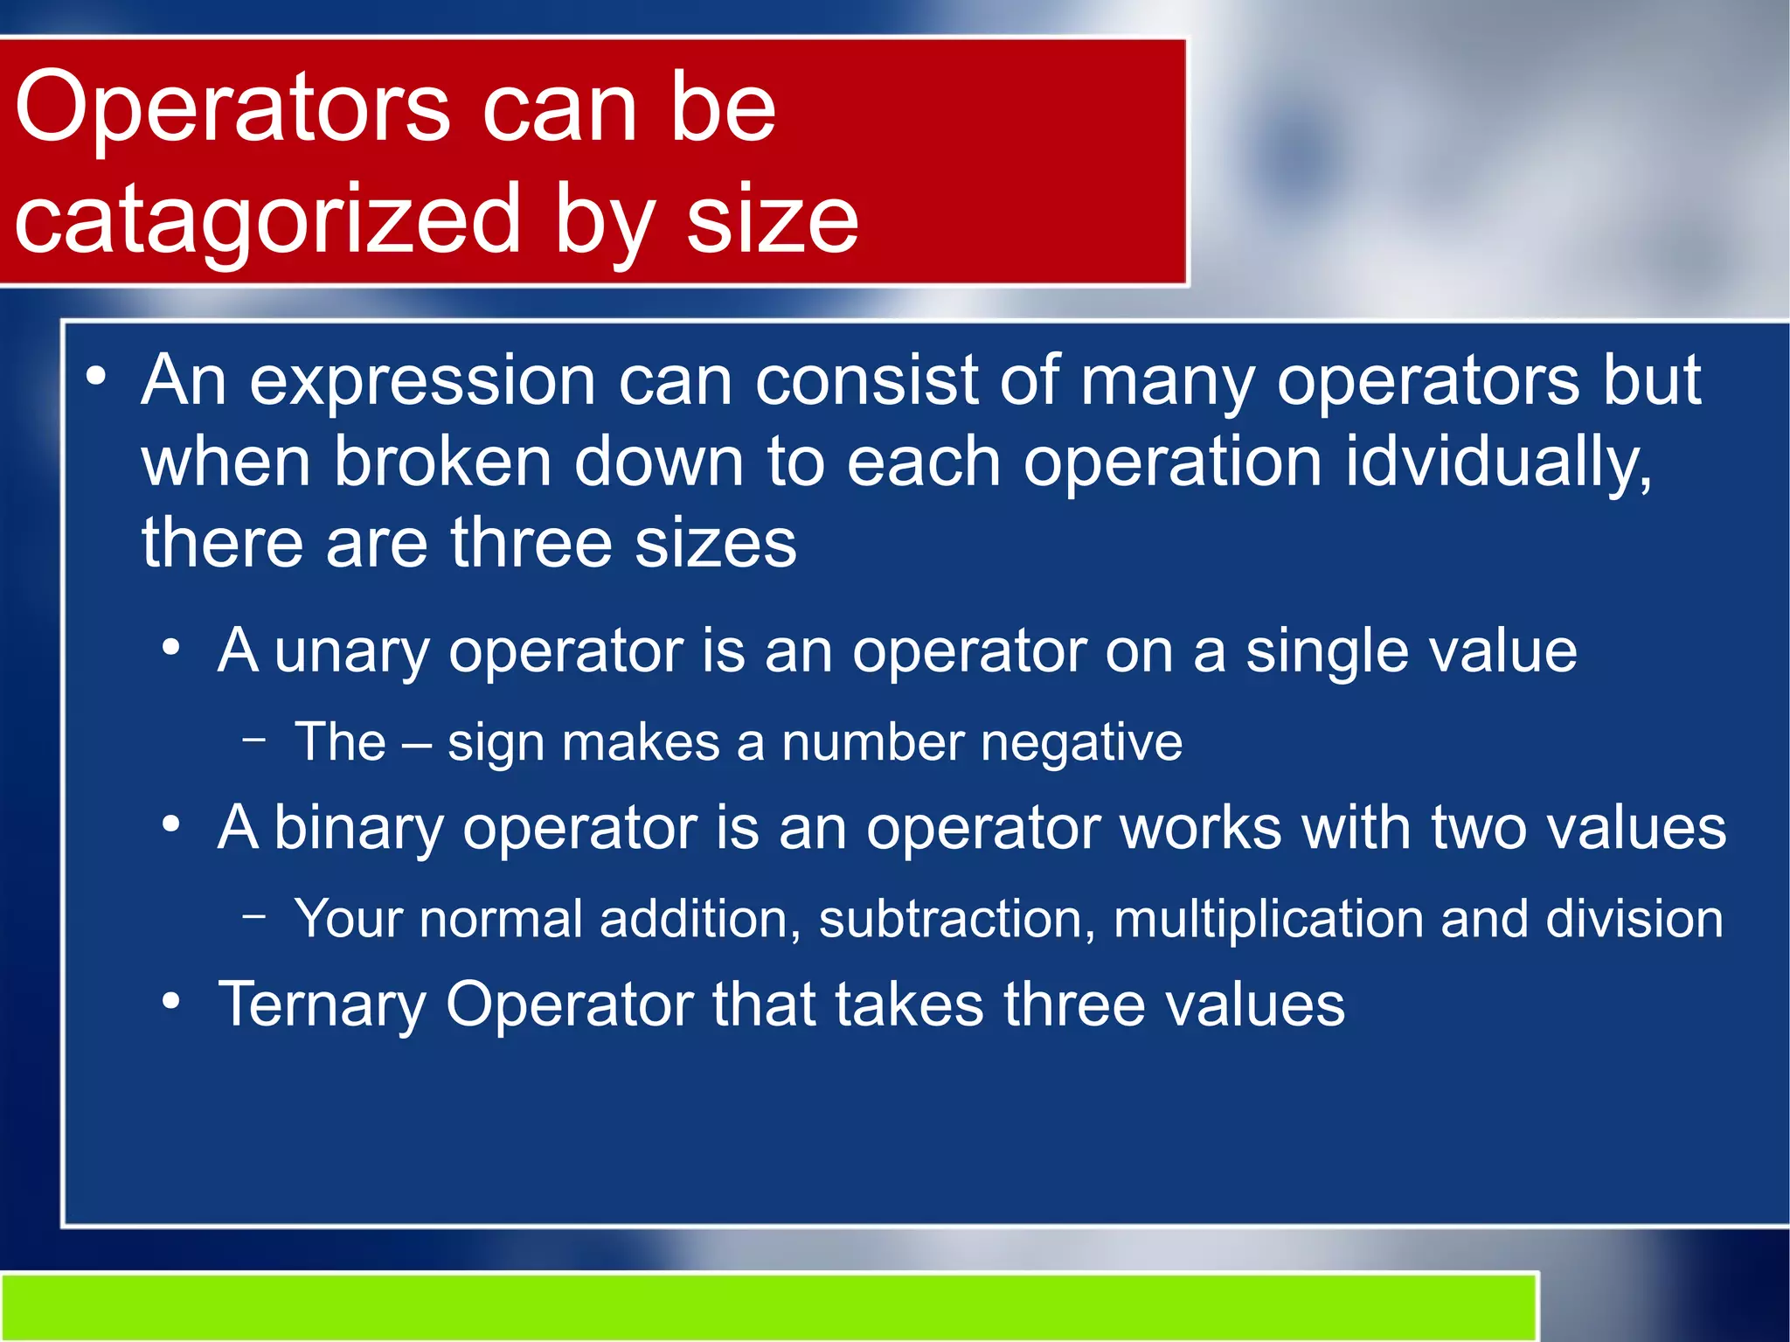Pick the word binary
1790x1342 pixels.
coord(358,828)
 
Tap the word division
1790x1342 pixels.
coord(1634,919)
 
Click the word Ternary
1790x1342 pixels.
coord(322,1005)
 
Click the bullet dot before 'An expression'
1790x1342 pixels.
coord(96,378)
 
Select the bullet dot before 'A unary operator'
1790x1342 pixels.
coord(171,649)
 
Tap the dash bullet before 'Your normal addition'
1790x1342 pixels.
coord(254,915)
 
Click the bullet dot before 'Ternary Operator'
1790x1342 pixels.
coord(171,1000)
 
